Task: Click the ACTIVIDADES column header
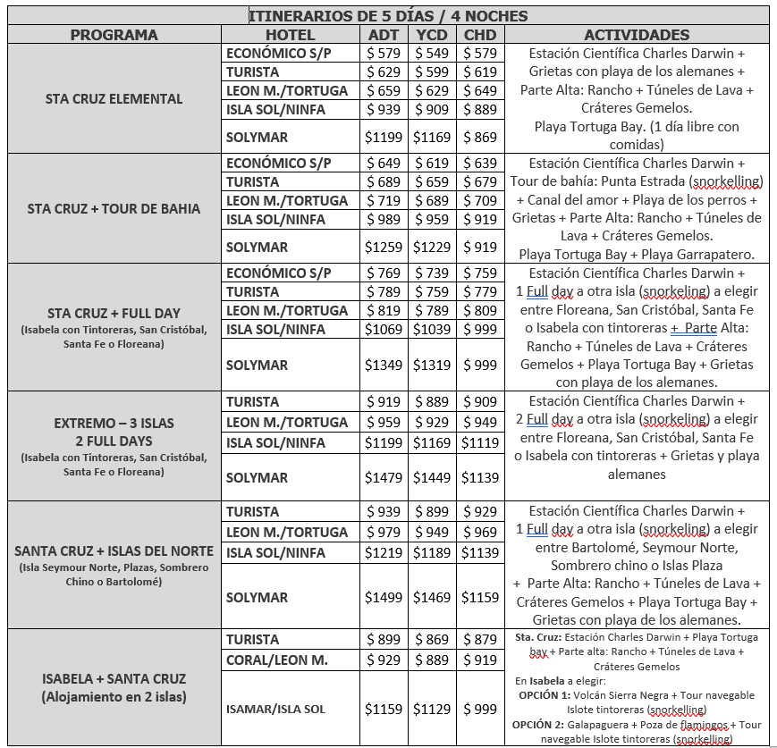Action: [x=636, y=35]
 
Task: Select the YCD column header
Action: [x=434, y=35]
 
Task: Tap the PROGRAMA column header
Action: [x=114, y=35]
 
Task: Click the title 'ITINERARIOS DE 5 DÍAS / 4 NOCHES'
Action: [x=387, y=15]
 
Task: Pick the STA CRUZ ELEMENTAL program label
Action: [x=114, y=99]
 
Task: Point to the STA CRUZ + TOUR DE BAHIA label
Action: [x=114, y=209]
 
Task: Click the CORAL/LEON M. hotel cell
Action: [x=277, y=660]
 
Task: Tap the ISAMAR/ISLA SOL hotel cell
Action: [x=275, y=709]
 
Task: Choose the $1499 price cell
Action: [x=384, y=597]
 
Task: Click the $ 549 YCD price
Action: [x=434, y=54]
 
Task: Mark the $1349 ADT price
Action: [x=384, y=365]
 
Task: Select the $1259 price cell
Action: [x=384, y=247]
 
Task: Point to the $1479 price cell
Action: [x=384, y=477]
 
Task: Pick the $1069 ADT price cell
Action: [x=384, y=330]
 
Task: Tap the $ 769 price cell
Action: [x=384, y=273]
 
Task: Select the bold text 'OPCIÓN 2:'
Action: [x=541, y=724]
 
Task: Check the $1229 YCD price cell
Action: [x=434, y=247]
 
